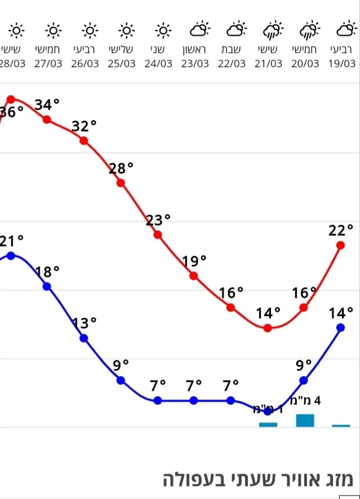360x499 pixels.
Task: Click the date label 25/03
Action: [122, 64]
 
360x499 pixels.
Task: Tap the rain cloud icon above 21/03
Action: [273, 29]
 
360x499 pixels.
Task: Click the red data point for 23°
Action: [158, 235]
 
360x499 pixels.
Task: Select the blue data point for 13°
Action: [84, 338]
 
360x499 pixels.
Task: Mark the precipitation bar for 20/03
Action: [305, 420]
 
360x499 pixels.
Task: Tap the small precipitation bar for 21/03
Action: [268, 424]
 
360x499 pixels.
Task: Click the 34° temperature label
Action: [47, 105]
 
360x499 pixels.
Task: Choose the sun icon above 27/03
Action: [53, 29]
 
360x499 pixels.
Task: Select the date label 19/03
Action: [343, 64]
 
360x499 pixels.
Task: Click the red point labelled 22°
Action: [340, 245]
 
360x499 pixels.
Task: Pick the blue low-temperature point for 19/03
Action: [340, 328]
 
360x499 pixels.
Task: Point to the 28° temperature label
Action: [121, 168]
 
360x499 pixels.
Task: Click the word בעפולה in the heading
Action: [189, 480]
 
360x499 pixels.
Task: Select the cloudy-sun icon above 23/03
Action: [199, 29]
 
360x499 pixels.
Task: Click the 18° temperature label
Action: [47, 272]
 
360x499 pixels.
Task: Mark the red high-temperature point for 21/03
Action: [268, 328]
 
